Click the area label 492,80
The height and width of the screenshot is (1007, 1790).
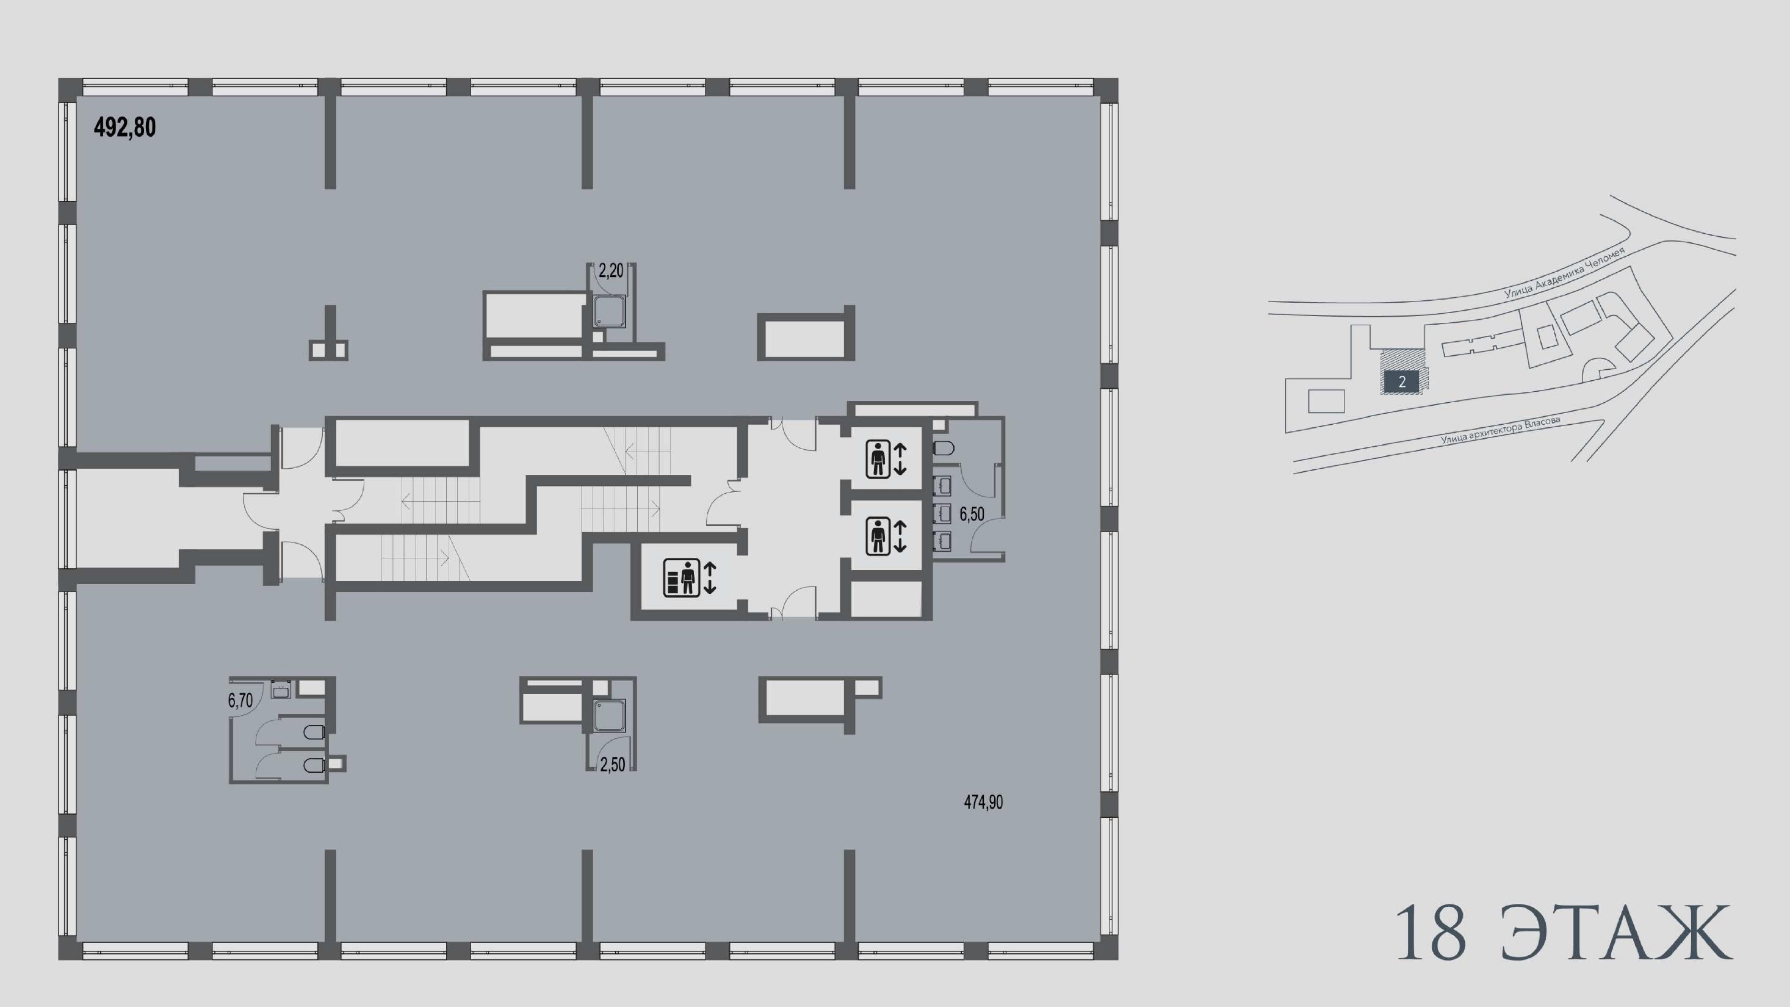pos(125,127)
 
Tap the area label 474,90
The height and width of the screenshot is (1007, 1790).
pos(983,802)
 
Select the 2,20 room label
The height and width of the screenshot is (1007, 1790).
pos(611,271)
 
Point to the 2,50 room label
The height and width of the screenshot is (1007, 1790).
pos(612,765)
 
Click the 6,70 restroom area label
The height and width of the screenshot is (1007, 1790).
pos(240,701)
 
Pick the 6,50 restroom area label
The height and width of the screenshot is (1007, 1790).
pos(972,514)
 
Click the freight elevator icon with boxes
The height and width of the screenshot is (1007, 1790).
pos(689,577)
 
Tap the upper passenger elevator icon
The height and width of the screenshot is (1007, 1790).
pos(886,460)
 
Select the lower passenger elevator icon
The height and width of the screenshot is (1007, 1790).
pos(886,536)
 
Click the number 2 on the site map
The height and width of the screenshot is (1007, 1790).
pos(1402,381)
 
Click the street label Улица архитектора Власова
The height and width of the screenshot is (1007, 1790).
pos(1500,430)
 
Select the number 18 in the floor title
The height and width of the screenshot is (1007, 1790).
pos(1431,933)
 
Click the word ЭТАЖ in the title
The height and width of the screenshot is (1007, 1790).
pos(1615,933)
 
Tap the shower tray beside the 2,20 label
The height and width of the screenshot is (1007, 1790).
pos(610,311)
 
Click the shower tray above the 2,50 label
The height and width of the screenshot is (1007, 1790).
pos(610,716)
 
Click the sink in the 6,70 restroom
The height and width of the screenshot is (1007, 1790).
pos(281,690)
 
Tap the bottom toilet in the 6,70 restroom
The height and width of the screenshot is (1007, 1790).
pos(315,766)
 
